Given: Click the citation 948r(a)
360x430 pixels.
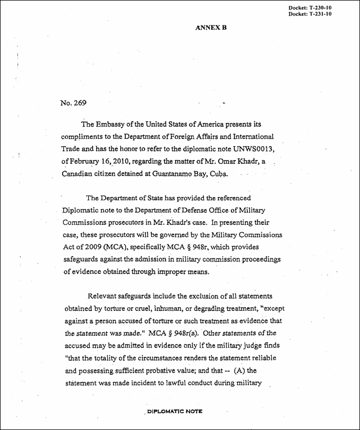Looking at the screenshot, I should click(212, 334).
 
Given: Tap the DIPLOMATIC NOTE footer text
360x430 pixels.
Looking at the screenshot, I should click(174, 411).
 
